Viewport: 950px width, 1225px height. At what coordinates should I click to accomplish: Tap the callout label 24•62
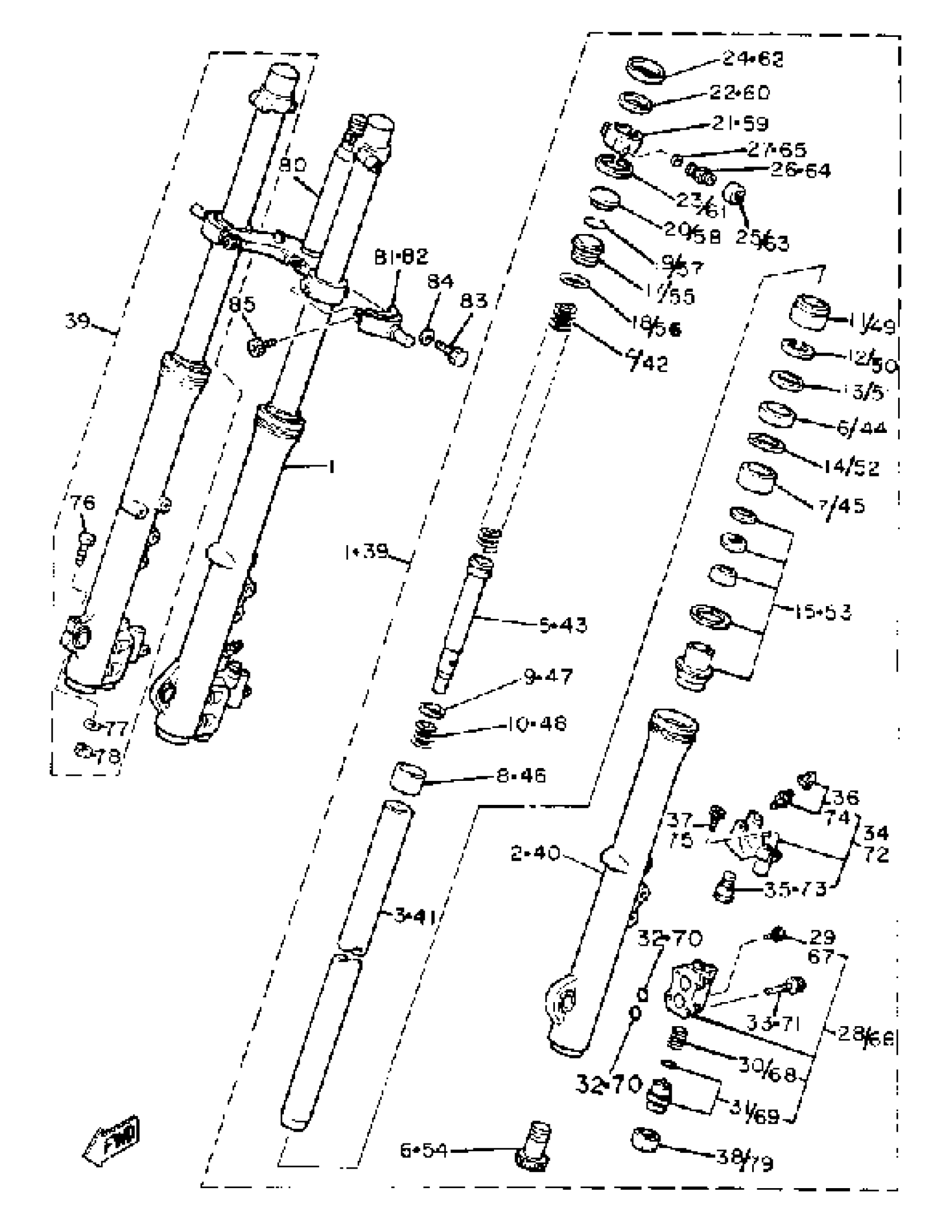(x=752, y=59)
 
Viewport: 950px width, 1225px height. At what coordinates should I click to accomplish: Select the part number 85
(x=242, y=304)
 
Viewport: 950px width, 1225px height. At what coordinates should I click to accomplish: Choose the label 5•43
(x=563, y=625)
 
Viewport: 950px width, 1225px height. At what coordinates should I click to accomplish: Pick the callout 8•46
(x=521, y=776)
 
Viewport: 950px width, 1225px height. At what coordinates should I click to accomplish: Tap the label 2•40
(x=535, y=853)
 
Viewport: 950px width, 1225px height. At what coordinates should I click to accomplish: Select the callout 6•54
(x=424, y=1150)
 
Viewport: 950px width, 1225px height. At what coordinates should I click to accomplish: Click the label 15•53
(x=823, y=612)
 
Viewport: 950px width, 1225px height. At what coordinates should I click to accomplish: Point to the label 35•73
(x=795, y=889)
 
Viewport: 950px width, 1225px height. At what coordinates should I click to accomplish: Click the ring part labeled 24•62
(x=645, y=70)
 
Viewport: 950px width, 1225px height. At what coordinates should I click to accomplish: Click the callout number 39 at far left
(x=78, y=321)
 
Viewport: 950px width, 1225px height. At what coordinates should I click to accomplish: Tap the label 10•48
(x=536, y=723)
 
